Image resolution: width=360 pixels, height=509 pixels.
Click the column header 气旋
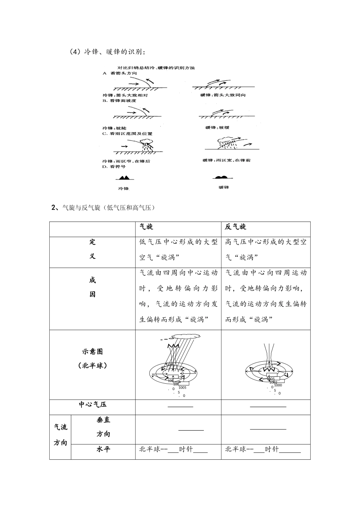tap(146, 227)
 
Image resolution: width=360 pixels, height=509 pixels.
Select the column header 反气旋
tap(236, 227)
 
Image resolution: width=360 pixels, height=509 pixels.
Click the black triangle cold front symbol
tap(124, 177)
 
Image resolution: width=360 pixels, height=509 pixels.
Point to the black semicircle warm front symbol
tap(220, 177)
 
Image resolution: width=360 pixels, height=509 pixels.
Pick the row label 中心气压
tap(92, 404)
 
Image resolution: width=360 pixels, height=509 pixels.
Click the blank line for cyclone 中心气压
tap(180, 407)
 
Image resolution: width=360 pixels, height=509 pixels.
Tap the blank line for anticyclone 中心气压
tap(268, 407)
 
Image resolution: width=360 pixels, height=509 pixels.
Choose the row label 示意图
tap(92, 351)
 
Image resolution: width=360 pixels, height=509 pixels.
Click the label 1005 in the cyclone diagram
tap(182, 387)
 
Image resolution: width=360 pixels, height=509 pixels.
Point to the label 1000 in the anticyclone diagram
tap(278, 385)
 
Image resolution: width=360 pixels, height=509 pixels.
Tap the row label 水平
tap(103, 449)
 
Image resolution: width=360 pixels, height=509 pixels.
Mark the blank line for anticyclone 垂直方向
tap(268, 429)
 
